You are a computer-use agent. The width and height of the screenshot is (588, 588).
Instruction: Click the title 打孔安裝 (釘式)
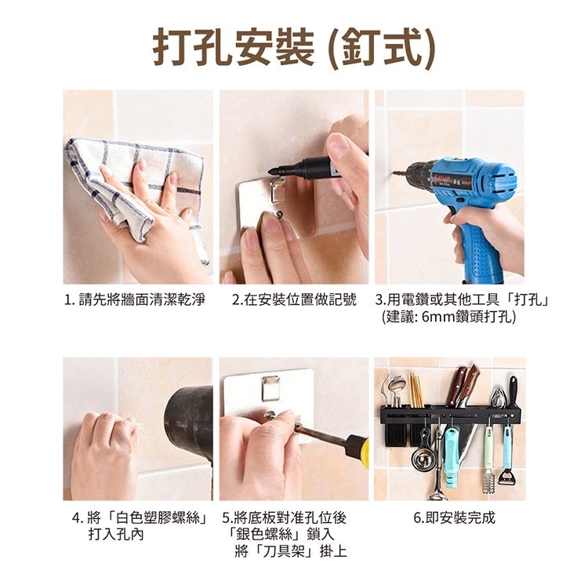pyautogui.click(x=294, y=48)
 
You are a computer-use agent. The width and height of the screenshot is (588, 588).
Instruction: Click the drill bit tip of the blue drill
pyautogui.click(x=394, y=173)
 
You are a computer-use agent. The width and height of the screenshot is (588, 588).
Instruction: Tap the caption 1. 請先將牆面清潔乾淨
pyautogui.click(x=135, y=300)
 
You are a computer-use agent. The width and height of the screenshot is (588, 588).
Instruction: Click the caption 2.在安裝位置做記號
pyautogui.click(x=294, y=300)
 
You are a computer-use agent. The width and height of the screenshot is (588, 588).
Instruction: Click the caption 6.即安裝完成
pyautogui.click(x=454, y=518)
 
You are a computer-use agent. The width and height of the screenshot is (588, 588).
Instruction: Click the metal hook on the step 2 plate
pyautogui.click(x=277, y=191)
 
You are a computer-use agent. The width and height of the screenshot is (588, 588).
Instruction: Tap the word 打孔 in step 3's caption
pyautogui.click(x=528, y=300)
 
